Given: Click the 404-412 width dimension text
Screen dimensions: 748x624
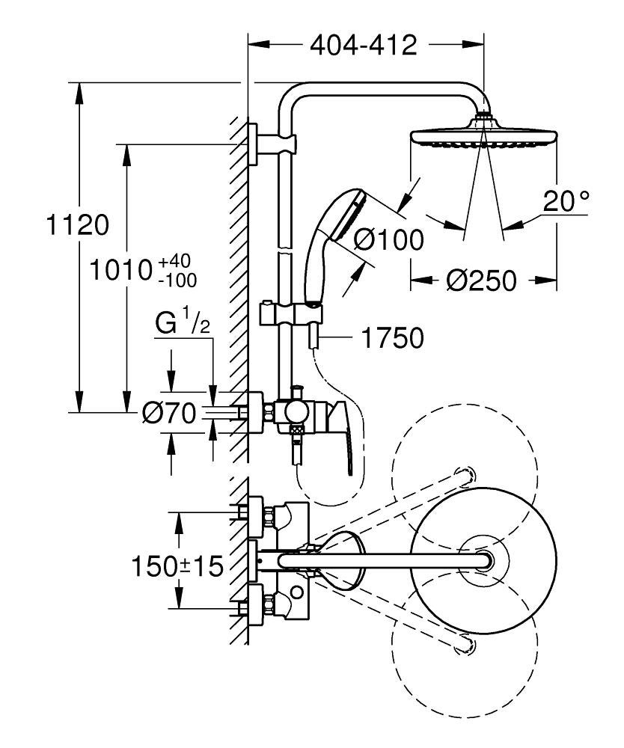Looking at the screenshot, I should click(x=363, y=46).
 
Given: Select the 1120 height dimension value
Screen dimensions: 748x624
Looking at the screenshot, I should click(x=78, y=224).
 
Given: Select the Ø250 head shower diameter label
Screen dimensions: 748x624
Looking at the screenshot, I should click(x=481, y=280).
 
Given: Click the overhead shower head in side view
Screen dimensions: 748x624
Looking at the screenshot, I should click(x=483, y=138).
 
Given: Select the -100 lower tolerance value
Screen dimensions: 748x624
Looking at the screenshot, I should click(x=178, y=280).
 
